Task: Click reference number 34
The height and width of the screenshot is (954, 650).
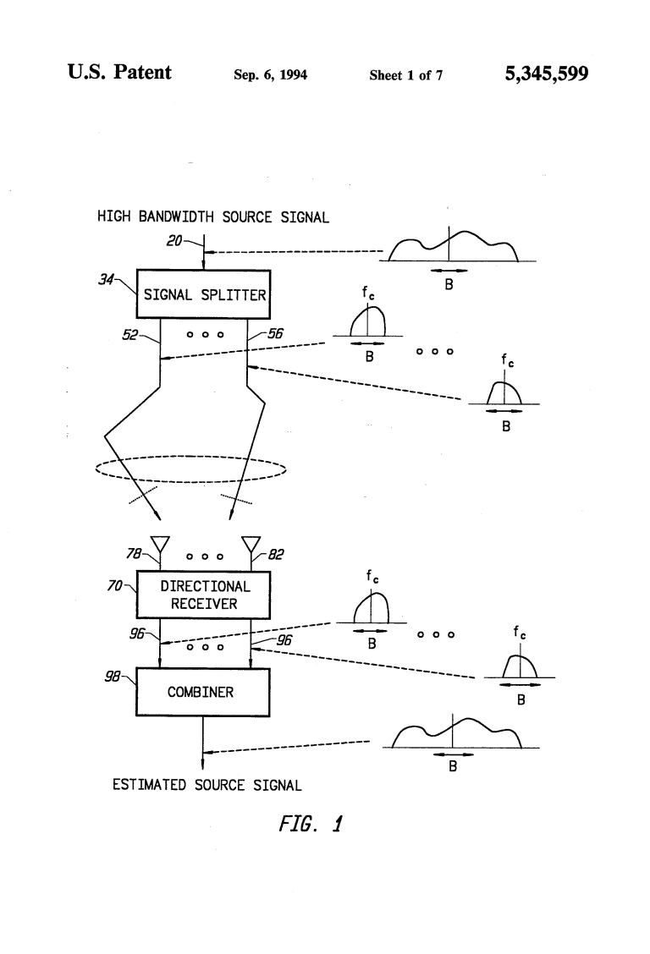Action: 106,279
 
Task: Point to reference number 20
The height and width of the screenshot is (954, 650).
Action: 174,241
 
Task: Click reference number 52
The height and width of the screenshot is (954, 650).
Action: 129,335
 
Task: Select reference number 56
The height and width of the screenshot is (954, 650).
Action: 276,333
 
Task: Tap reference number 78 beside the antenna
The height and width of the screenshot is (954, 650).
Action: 133,553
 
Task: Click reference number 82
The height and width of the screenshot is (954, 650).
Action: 276,554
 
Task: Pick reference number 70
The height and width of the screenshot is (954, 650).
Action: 114,586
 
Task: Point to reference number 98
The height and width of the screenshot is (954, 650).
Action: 112,676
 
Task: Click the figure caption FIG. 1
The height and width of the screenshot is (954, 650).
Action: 311,824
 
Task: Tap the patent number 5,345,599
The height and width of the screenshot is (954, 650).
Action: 547,74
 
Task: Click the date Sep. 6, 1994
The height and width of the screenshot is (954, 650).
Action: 270,74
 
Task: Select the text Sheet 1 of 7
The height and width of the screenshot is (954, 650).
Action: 406,74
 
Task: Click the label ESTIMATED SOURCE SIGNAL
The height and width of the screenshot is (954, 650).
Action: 207,785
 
